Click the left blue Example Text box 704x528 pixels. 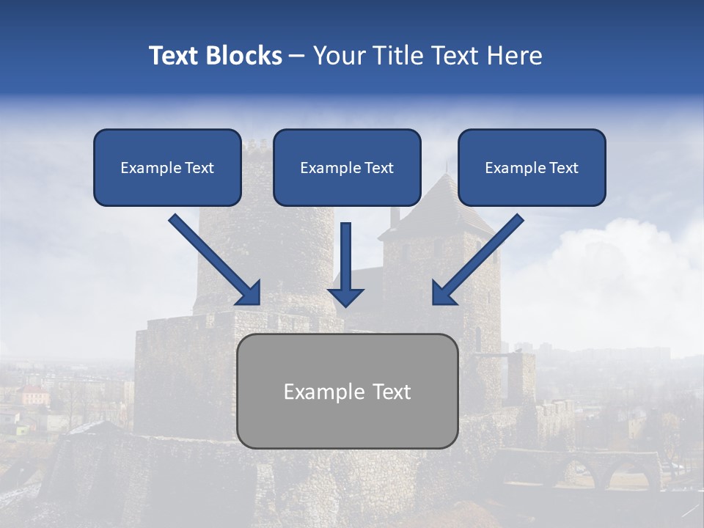point(167,168)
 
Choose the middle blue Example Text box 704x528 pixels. point(347,168)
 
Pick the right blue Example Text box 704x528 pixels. point(532,168)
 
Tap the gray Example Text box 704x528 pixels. point(348,392)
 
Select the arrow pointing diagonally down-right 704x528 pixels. point(214,260)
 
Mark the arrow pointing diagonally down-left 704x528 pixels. point(477,260)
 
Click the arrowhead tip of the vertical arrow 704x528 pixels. point(346,304)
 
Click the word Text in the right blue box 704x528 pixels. point(563,168)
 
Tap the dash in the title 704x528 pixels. point(297,56)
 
